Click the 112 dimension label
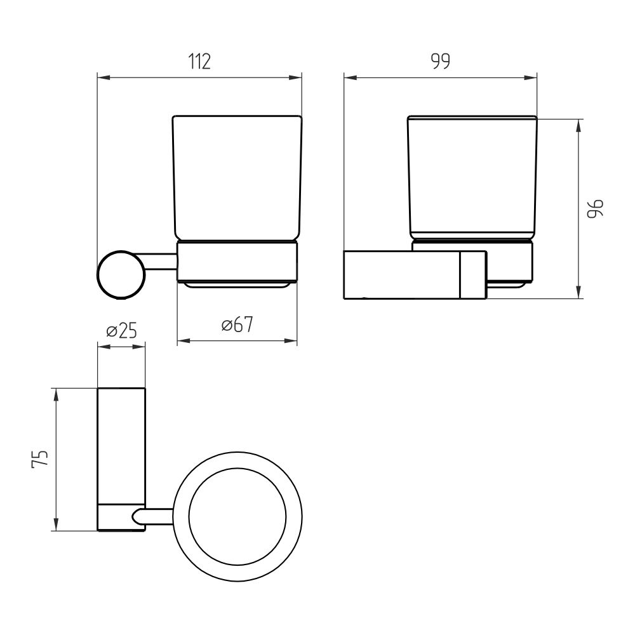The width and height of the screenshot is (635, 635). pos(199,62)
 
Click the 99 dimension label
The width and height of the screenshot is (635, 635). pos(440,62)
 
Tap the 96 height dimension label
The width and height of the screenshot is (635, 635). pos(596,208)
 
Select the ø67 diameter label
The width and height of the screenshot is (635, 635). pos(237,324)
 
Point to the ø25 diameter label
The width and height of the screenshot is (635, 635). pos(122,331)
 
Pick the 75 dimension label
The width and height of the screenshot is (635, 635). pos(39,459)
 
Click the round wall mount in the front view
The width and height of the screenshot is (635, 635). pos(121,275)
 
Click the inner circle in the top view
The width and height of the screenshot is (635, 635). pos(237,517)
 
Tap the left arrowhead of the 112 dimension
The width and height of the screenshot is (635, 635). pos(104,77)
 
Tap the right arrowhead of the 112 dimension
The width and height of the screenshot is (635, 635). pos(295,77)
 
